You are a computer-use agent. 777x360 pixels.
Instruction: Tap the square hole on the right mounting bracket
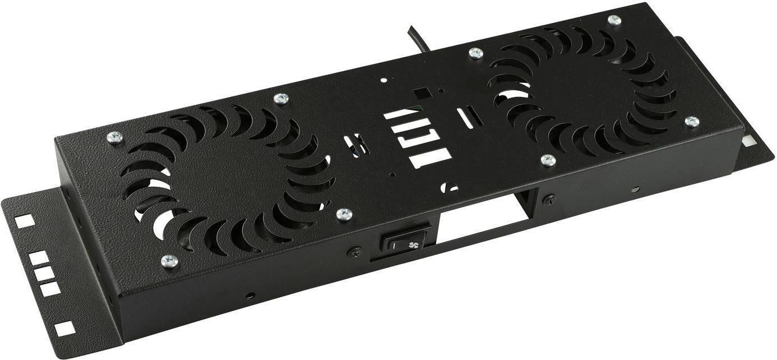point(748,141)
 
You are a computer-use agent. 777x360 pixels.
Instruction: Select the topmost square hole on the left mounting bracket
point(25,221)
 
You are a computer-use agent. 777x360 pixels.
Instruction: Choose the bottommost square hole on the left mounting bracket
point(65,329)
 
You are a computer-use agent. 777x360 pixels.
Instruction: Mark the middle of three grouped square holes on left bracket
point(45,273)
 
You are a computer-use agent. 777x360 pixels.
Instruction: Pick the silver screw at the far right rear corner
point(614,20)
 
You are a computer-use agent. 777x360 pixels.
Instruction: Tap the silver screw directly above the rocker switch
point(344,214)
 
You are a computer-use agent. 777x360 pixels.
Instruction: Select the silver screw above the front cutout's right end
point(548,161)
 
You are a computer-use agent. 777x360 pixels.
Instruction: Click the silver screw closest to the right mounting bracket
point(692,122)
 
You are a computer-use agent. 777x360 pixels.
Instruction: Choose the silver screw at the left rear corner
point(114,137)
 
